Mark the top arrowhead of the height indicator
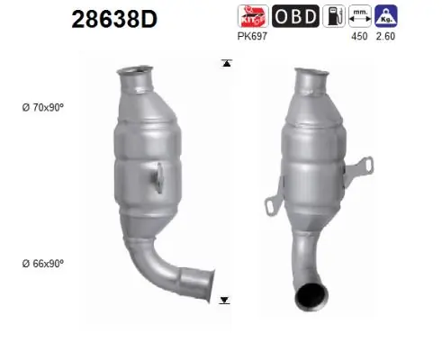(x=225, y=63)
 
